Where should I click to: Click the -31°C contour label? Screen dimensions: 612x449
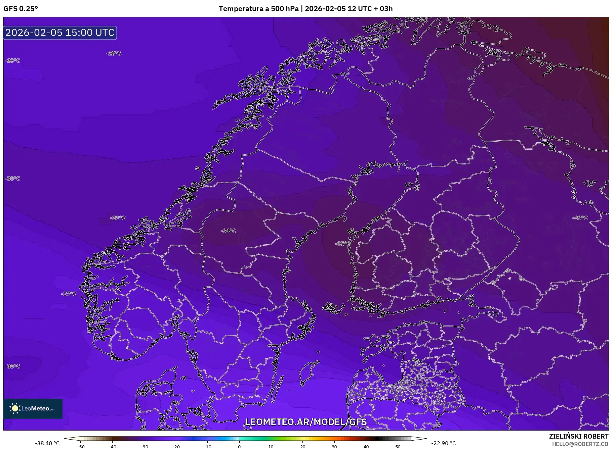[118, 218]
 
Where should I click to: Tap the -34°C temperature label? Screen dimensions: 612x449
[229, 231]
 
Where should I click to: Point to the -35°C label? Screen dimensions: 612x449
[342, 244]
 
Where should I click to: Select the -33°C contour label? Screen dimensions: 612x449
[580, 218]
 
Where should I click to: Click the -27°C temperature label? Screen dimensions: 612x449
[69, 294]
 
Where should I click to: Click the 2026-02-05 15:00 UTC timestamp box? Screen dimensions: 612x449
[60, 33]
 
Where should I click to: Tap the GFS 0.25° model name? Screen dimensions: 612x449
[21, 9]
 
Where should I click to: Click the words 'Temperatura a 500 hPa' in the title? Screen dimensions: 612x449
[258, 9]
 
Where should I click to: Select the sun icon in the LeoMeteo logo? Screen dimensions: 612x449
[15, 408]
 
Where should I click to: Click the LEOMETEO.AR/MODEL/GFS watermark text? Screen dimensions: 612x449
[306, 422]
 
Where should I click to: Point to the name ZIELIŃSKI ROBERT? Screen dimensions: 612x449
[578, 436]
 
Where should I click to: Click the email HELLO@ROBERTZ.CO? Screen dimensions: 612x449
[580, 444]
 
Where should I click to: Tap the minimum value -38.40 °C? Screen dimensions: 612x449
[47, 443]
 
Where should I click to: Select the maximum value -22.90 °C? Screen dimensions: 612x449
[443, 443]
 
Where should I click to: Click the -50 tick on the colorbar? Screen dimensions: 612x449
[81, 447]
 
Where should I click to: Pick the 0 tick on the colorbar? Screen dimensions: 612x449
[239, 447]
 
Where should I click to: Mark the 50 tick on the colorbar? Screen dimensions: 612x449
[398, 447]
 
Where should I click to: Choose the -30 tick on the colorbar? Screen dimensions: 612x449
[144, 447]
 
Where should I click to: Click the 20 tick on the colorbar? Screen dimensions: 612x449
[303, 447]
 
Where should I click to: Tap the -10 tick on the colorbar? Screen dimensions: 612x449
[207, 447]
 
